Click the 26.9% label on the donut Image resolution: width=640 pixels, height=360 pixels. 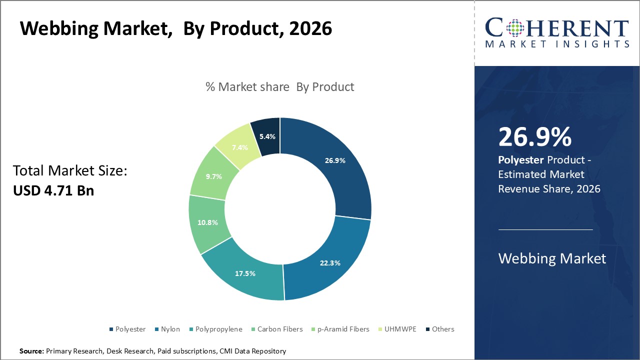[335, 160]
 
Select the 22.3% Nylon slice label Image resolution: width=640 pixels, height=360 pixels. [330, 263]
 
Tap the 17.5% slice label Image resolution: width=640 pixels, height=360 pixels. [245, 273]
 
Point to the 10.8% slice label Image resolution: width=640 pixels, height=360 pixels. [207, 222]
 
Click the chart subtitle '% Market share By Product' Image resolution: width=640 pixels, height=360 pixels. [279, 87]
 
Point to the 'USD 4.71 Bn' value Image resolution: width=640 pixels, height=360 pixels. [53, 190]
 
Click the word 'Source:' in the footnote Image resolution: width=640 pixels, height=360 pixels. [31, 351]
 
